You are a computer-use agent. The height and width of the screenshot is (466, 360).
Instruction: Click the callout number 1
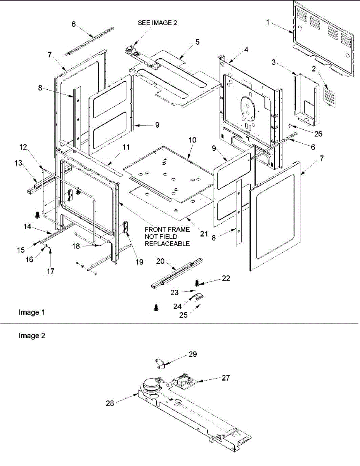268,22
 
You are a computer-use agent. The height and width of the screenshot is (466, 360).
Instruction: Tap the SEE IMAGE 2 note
157,23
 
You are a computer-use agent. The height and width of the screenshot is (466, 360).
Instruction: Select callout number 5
197,42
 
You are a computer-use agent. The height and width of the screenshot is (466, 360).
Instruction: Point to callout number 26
318,134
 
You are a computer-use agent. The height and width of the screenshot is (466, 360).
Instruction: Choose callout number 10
192,140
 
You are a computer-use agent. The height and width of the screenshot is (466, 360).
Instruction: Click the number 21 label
204,233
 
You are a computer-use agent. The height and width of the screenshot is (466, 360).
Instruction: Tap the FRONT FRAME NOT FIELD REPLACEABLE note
167,236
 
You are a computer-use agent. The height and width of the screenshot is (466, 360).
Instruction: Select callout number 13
18,163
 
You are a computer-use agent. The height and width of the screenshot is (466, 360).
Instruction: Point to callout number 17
50,271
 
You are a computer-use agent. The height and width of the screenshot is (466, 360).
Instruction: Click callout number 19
139,262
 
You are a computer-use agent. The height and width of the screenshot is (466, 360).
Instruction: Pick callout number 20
160,261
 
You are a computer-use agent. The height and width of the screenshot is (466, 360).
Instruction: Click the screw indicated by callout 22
197,283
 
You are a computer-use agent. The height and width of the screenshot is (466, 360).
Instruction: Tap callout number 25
183,315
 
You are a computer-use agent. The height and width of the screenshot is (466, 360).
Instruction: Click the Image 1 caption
32,312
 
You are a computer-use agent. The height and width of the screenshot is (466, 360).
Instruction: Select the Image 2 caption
32,336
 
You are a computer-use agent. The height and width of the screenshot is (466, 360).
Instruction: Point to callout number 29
192,354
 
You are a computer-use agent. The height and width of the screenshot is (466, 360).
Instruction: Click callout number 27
226,377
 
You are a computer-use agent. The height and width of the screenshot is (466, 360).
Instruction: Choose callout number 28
110,403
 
